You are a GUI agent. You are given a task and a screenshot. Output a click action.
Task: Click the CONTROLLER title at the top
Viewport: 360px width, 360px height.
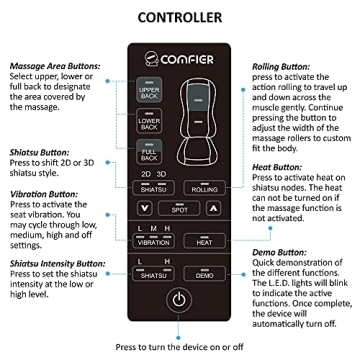tap(180, 17)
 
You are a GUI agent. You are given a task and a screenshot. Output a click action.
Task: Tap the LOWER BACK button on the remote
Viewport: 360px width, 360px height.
tap(149, 124)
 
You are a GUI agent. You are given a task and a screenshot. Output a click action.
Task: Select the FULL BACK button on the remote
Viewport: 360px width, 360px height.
tap(149, 155)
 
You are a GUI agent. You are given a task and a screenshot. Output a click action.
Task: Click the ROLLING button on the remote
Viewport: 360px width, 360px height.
tap(204, 187)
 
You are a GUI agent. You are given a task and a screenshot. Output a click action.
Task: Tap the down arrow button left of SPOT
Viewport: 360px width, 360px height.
tap(146, 210)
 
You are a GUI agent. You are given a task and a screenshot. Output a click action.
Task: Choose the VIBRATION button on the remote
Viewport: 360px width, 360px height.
tap(153, 241)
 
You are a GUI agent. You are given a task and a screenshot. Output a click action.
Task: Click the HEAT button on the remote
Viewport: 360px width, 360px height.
tap(204, 241)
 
